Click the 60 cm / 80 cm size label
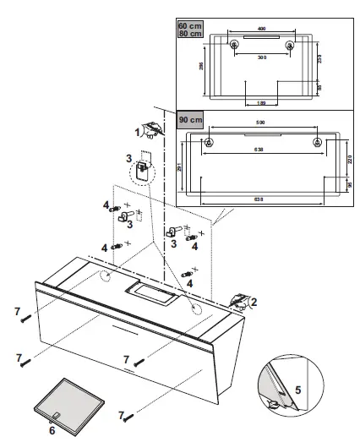[189, 30]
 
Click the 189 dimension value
[262, 102]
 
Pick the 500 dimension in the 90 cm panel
[263, 125]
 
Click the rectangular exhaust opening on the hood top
[147, 294]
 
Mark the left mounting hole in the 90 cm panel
[210, 142]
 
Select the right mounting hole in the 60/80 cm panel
[291, 45]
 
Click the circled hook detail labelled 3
[145, 169]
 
